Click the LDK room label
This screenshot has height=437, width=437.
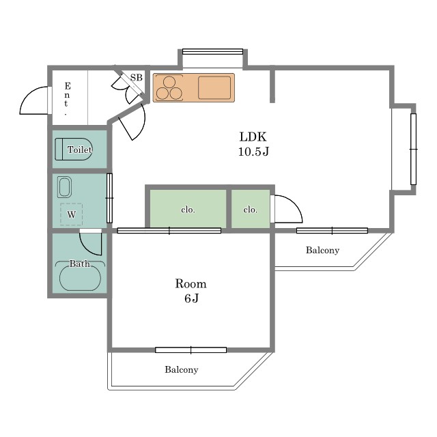(x=253, y=137)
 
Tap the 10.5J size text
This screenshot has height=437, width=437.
(x=253, y=152)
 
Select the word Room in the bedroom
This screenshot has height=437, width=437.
(x=191, y=284)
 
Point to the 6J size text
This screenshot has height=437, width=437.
(x=191, y=298)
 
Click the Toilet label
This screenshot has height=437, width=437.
(x=80, y=150)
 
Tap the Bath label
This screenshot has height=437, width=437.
(x=80, y=264)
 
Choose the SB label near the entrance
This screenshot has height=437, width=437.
(x=137, y=77)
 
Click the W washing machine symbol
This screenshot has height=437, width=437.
(x=71, y=214)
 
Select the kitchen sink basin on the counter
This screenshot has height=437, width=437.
(x=214, y=87)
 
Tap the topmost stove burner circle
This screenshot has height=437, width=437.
(x=169, y=82)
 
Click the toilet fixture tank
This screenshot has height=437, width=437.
(x=59, y=149)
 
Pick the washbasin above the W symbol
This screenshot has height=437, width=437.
(x=64, y=187)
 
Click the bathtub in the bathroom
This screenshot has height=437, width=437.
(x=81, y=279)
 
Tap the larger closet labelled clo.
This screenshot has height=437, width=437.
(x=188, y=208)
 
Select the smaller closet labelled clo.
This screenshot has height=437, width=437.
(x=251, y=208)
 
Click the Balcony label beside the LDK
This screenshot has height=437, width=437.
(x=322, y=250)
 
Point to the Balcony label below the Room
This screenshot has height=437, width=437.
(x=182, y=369)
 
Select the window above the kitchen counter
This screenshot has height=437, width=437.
(x=212, y=52)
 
